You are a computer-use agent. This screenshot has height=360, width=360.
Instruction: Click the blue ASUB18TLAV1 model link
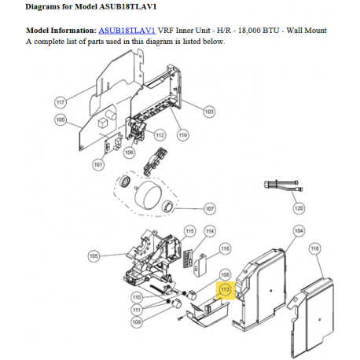(127, 31)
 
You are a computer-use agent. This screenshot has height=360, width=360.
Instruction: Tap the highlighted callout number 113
(225, 289)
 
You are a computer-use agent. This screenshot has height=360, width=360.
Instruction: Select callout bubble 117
(61, 102)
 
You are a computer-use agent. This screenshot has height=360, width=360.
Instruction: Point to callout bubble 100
(61, 120)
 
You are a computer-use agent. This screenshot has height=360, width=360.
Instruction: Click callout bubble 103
(209, 112)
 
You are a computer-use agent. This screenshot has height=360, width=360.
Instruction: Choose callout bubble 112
(160, 135)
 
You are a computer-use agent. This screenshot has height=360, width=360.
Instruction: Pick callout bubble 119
(183, 135)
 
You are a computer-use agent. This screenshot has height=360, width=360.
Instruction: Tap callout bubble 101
(98, 164)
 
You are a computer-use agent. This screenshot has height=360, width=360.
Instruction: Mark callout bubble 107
(210, 208)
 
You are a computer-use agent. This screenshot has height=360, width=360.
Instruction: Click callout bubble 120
(299, 208)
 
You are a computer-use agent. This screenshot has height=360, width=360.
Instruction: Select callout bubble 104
(299, 231)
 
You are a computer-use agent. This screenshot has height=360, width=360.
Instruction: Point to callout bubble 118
(314, 248)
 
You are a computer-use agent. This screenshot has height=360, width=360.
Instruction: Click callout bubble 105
(94, 255)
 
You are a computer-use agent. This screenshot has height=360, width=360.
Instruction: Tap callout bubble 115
(190, 231)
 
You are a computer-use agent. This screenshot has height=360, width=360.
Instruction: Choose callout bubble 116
(225, 248)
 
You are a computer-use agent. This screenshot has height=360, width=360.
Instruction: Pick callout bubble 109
(137, 321)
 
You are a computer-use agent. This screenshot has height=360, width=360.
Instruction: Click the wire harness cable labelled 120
(284, 185)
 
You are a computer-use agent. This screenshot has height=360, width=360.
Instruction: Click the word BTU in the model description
(270, 31)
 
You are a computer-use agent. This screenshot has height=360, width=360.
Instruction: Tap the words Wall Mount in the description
(307, 31)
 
